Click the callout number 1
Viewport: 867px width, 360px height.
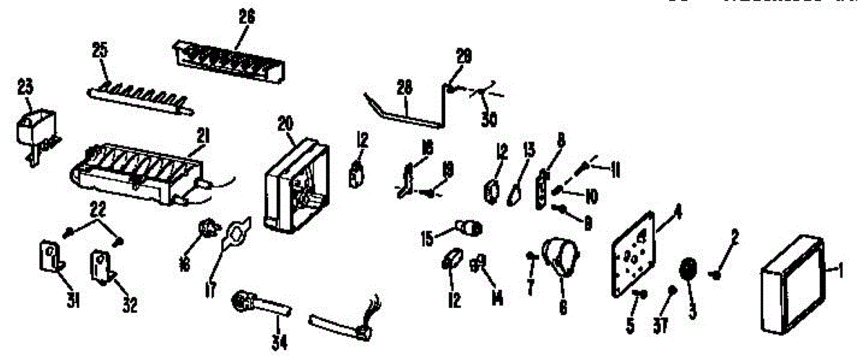click(840, 272)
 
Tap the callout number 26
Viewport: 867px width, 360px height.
click(246, 20)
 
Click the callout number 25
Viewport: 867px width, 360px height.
click(100, 50)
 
